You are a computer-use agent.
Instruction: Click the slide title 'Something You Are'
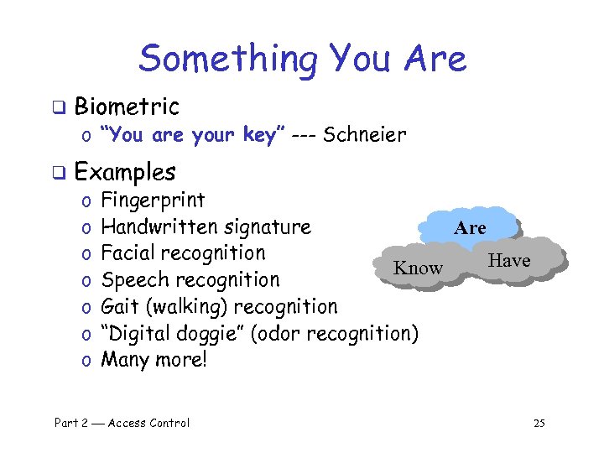(302, 59)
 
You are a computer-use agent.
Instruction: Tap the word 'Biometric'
(127, 107)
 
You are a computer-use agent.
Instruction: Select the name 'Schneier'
(365, 134)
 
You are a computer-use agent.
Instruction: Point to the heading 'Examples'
(125, 172)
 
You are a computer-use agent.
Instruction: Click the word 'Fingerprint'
(153, 200)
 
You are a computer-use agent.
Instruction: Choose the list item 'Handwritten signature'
(206, 226)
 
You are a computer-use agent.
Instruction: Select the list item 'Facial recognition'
(183, 253)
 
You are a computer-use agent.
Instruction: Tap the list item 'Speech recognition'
(190, 280)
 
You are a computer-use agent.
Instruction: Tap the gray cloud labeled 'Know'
(418, 268)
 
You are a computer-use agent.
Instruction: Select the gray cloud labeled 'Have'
(509, 260)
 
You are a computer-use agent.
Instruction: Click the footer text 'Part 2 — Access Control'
(122, 423)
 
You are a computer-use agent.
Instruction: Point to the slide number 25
(539, 423)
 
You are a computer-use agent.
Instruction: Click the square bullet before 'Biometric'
(59, 107)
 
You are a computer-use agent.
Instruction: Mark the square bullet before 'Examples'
(59, 173)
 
